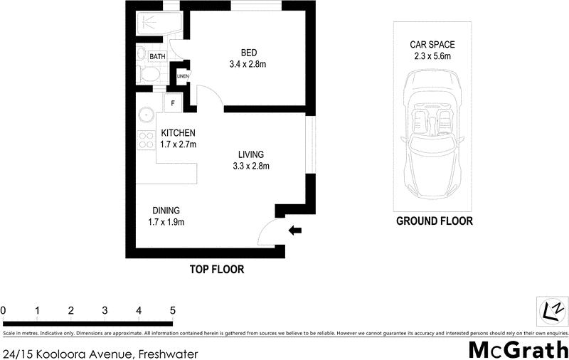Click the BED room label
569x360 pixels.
pyautogui.click(x=248, y=53)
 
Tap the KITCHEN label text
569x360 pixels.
pyautogui.click(x=178, y=133)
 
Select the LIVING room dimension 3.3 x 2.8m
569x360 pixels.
pyautogui.click(x=251, y=166)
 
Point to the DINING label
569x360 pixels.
pyautogui.click(x=166, y=211)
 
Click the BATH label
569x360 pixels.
pyautogui.click(x=157, y=55)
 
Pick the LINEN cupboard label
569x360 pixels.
pyautogui.click(x=183, y=77)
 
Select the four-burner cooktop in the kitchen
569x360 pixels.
pyautogui.click(x=147, y=140)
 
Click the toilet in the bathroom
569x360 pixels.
pyautogui.click(x=149, y=74)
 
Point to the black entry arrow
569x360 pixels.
pyautogui.click(x=295, y=230)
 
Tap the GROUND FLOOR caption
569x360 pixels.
pyautogui.click(x=434, y=221)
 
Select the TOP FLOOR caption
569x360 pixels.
pyautogui.click(x=216, y=270)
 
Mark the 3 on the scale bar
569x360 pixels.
pyautogui.click(x=105, y=311)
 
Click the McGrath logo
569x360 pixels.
pyautogui.click(x=517, y=349)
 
